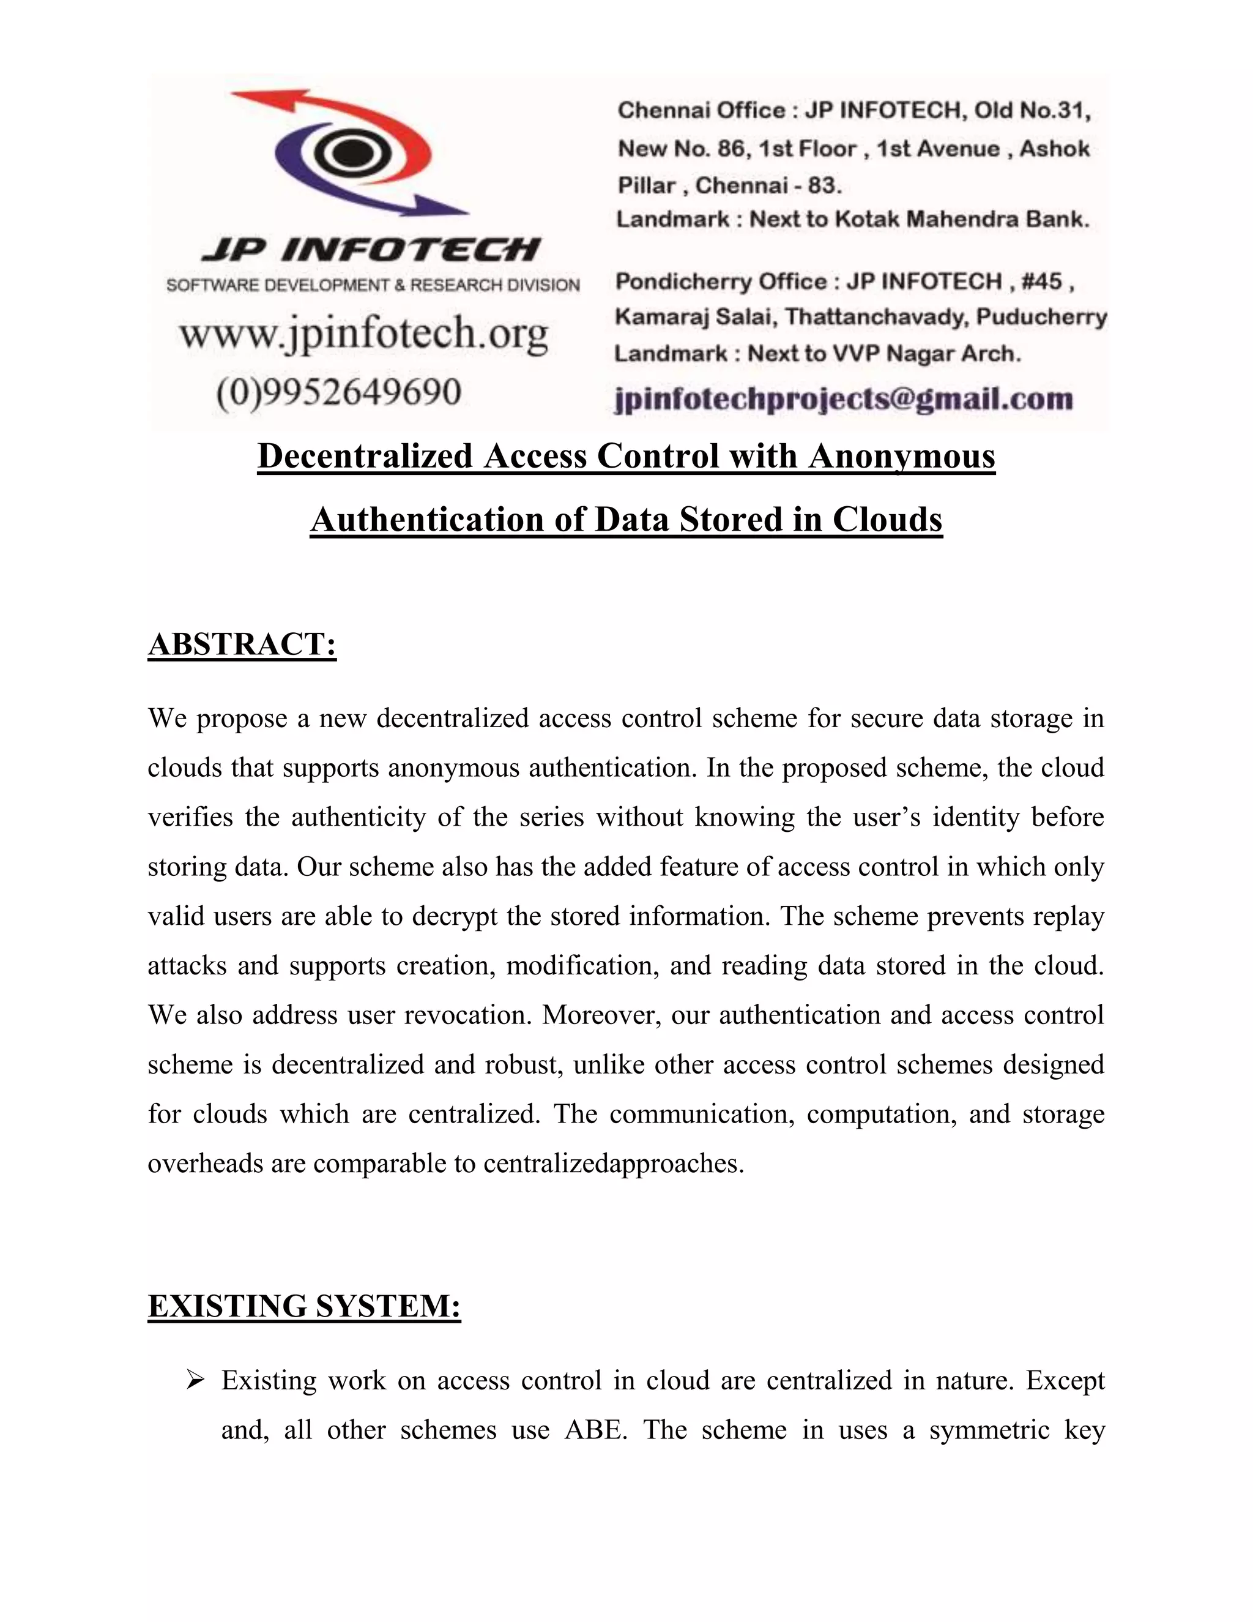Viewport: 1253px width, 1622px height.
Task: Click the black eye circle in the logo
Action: [x=346, y=154]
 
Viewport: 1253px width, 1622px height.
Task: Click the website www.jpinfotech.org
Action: [x=364, y=334]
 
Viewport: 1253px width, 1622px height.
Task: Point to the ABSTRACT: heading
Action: [x=242, y=644]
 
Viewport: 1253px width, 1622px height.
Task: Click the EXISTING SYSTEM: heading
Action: [x=304, y=1306]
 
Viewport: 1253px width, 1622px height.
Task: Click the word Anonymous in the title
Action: [x=901, y=455]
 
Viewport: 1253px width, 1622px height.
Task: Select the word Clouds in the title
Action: [x=887, y=519]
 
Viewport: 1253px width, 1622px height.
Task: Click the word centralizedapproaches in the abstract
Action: [x=612, y=1163]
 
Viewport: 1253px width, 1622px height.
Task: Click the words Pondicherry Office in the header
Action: [x=721, y=282]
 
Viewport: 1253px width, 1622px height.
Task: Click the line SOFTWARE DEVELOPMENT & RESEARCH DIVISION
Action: [x=373, y=285]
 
